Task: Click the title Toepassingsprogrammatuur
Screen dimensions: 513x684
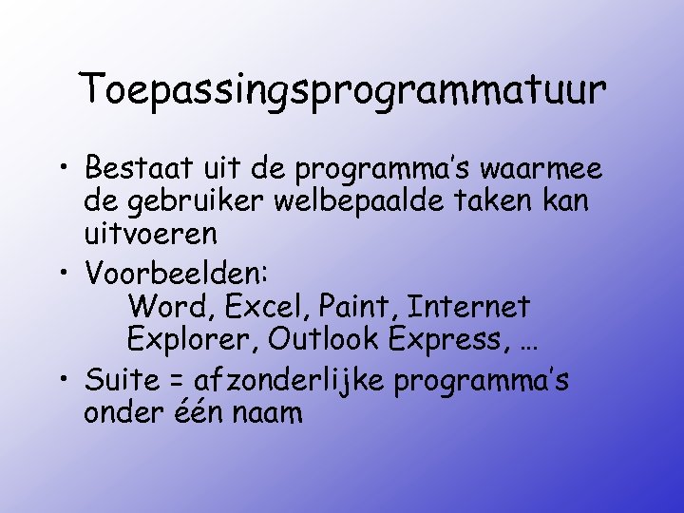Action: pyautogui.click(x=343, y=89)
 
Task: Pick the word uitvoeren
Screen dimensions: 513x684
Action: pyautogui.click(x=151, y=233)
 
